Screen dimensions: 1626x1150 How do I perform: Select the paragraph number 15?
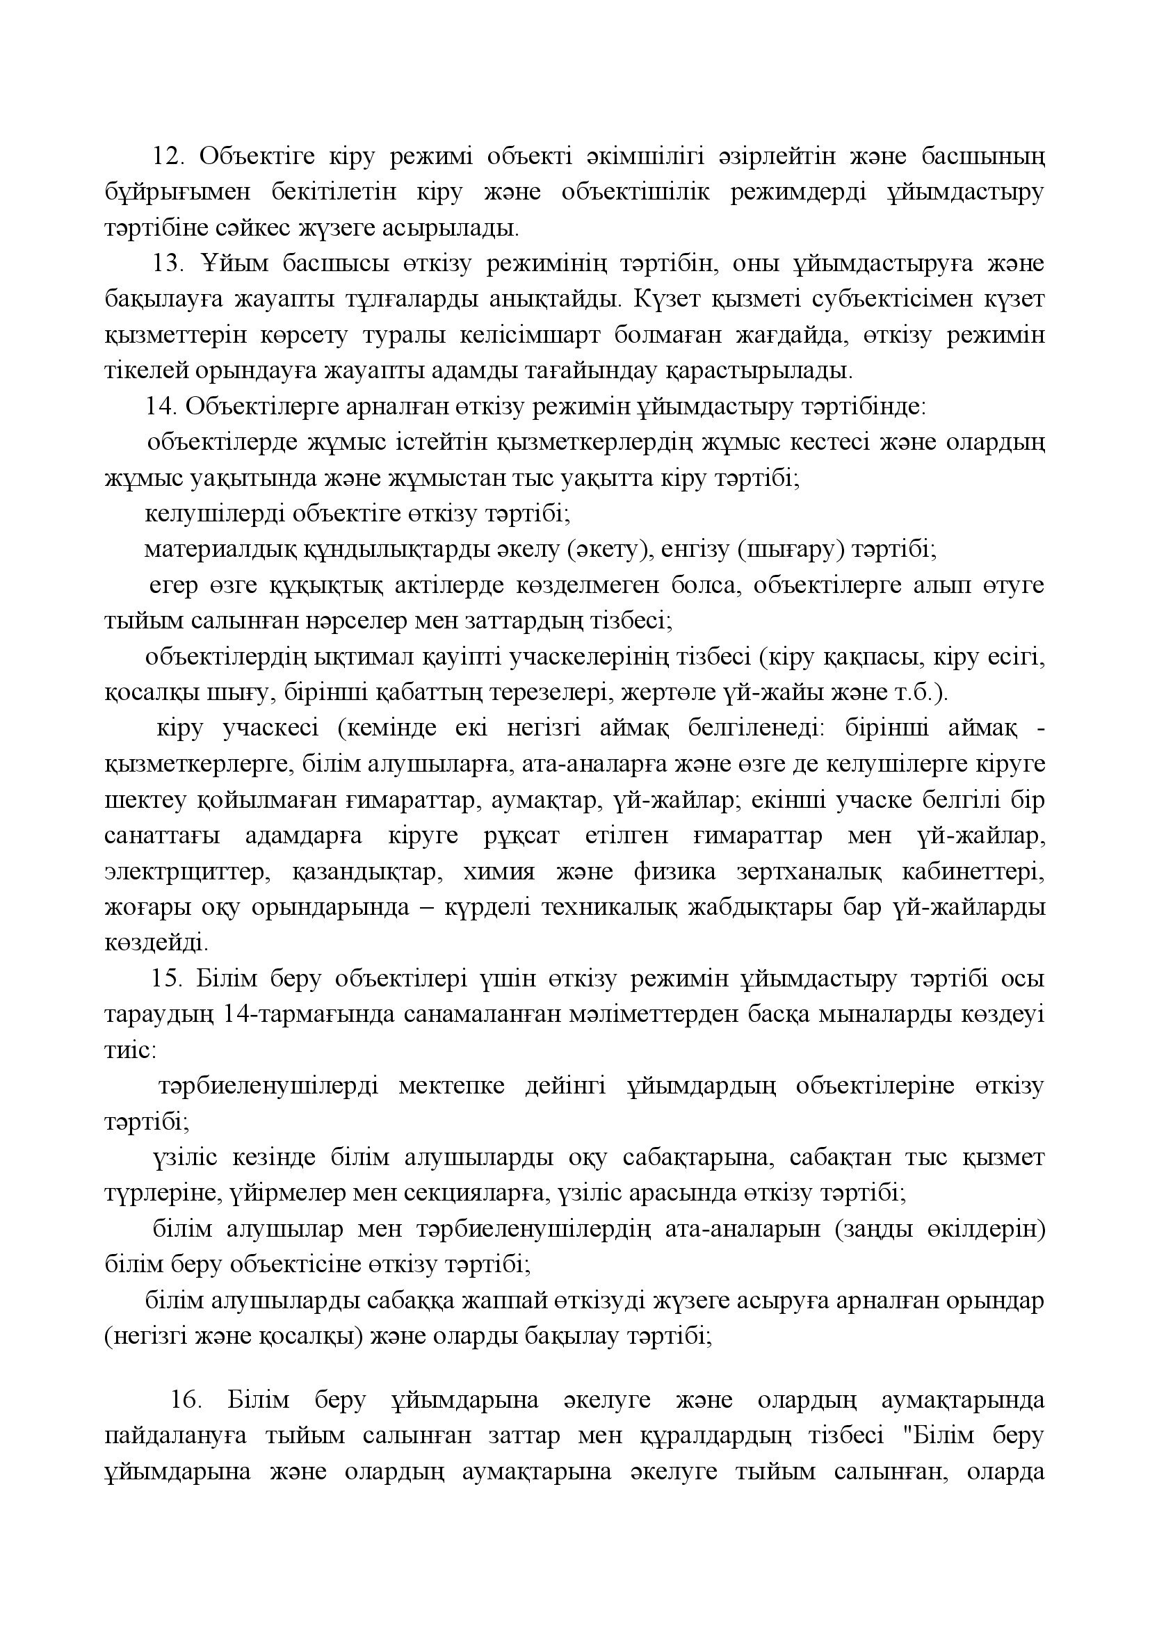pos(164,979)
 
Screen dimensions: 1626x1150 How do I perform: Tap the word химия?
pos(499,872)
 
